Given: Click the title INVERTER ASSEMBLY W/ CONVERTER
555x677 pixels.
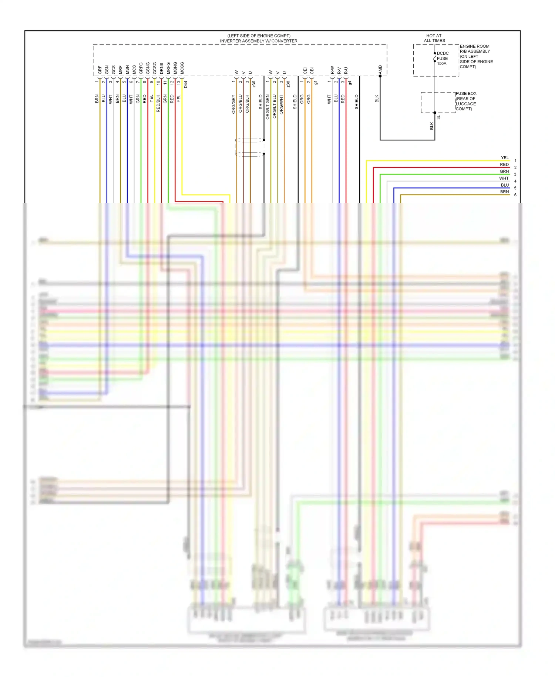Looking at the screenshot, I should click(x=259, y=41).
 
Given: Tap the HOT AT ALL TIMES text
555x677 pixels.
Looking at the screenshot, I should click(x=434, y=38).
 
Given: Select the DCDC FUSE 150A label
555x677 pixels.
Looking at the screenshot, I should click(x=442, y=59).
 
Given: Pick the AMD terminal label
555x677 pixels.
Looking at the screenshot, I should click(x=380, y=69).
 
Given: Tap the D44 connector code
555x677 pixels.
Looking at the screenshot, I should click(x=186, y=84).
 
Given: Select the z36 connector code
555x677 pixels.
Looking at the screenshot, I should click(x=254, y=84).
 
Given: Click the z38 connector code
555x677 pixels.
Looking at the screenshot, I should click(x=288, y=84).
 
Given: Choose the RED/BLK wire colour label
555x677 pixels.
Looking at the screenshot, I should click(x=158, y=103).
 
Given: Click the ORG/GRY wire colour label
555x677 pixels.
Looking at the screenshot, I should click(x=233, y=104).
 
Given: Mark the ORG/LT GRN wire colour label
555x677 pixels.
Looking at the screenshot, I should click(x=268, y=107).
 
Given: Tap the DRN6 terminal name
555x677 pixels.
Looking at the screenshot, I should click(x=161, y=69).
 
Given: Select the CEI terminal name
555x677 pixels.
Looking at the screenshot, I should click(x=305, y=70).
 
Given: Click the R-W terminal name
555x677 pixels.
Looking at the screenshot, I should click(x=332, y=70).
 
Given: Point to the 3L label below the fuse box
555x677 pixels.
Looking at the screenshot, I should click(x=438, y=117).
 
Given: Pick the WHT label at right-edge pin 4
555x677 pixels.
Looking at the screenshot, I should click(x=504, y=178).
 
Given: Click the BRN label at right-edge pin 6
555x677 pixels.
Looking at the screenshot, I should click(x=504, y=192).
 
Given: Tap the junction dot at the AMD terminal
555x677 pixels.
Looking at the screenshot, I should click(x=380, y=76).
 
